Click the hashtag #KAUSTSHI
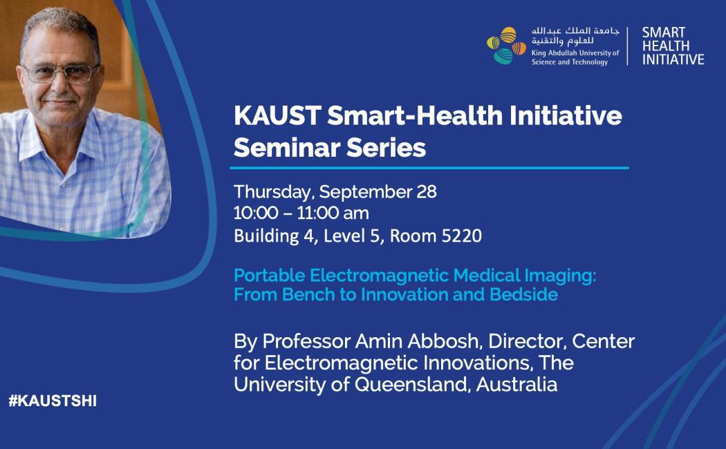53,401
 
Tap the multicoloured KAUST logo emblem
507,46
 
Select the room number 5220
462,236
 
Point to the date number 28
427,191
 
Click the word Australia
516,384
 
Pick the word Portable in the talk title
270,276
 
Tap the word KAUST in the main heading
277,115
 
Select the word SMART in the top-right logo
664,32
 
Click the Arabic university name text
575,36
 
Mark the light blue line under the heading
429,168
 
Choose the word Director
527,341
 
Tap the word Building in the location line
266,236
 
